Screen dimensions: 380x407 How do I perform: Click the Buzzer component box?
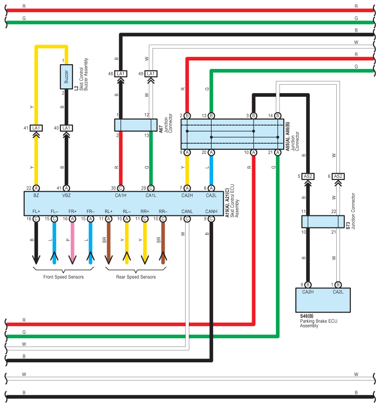click(x=66, y=77)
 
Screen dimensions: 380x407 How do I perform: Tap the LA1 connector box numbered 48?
click(x=120, y=73)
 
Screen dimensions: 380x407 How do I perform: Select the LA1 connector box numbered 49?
click(x=151, y=73)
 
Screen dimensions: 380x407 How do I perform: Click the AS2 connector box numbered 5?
click(x=308, y=176)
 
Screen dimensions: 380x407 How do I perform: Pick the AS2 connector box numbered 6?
click(x=338, y=176)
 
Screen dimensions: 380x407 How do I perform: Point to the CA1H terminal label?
click(x=120, y=195)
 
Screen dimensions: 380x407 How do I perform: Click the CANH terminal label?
click(x=211, y=212)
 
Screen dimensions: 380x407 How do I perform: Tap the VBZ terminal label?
click(x=66, y=195)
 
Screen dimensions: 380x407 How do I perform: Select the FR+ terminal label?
click(x=73, y=212)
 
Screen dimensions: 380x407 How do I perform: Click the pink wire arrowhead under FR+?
click(x=73, y=260)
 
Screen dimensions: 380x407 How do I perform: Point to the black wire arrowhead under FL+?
click(x=36, y=260)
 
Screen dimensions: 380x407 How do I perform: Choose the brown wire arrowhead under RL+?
click(x=108, y=260)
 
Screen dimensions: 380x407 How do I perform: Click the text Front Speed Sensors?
click(x=64, y=277)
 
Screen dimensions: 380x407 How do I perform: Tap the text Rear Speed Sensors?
click(x=136, y=277)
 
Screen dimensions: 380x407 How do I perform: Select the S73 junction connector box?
click(x=323, y=222)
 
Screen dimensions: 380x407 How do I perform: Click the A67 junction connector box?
click(x=136, y=125)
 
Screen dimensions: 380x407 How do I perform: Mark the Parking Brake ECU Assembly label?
click(x=319, y=323)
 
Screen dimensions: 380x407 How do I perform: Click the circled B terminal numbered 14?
click(x=278, y=116)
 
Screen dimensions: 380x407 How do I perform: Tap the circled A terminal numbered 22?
click(x=36, y=188)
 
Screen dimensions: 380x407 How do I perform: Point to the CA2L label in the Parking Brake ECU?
click(x=338, y=292)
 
